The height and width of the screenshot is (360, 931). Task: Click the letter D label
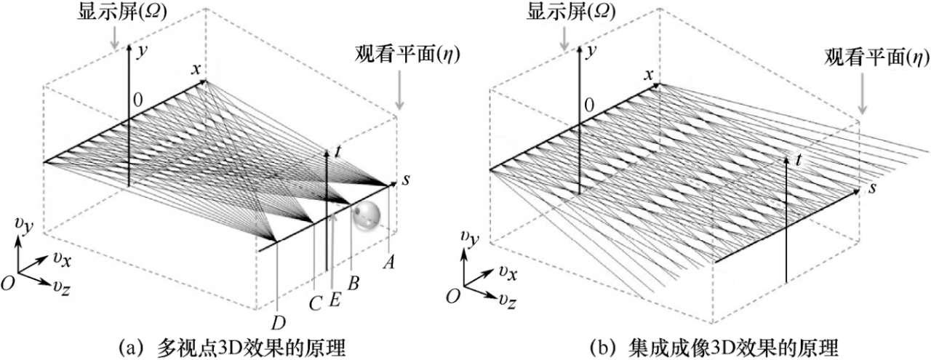coord(278,321)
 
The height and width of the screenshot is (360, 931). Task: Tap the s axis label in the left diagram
coord(405,180)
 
